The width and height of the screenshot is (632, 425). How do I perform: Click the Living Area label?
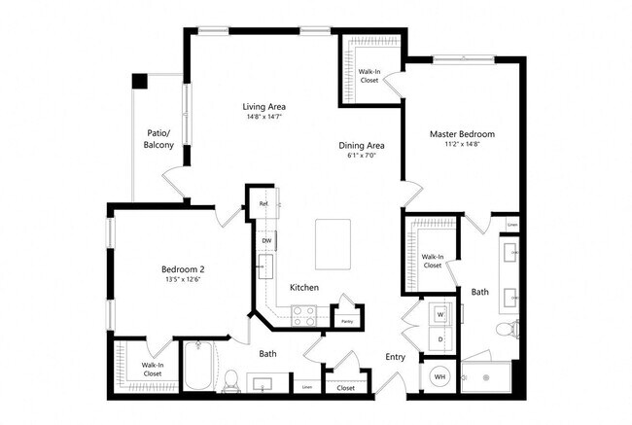(263, 107)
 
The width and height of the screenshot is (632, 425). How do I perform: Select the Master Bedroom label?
(462, 133)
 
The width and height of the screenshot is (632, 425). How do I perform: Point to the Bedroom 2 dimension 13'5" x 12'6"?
(182, 281)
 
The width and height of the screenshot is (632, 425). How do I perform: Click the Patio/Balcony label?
(158, 138)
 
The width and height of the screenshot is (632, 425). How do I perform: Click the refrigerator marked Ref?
(263, 205)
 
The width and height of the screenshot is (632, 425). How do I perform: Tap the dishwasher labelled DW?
(265, 240)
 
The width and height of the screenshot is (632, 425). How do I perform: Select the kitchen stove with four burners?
(303, 315)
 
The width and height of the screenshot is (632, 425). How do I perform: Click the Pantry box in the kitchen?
(345, 319)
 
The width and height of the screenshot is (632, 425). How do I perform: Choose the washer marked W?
(440, 315)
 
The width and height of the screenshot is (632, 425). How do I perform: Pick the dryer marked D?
(440, 339)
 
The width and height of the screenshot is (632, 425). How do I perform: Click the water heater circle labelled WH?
(439, 376)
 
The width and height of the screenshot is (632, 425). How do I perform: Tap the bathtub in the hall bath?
(203, 368)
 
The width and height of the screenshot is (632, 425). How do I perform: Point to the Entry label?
(394, 357)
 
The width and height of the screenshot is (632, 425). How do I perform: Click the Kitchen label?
(303, 287)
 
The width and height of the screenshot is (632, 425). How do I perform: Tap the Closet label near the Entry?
(346, 386)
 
